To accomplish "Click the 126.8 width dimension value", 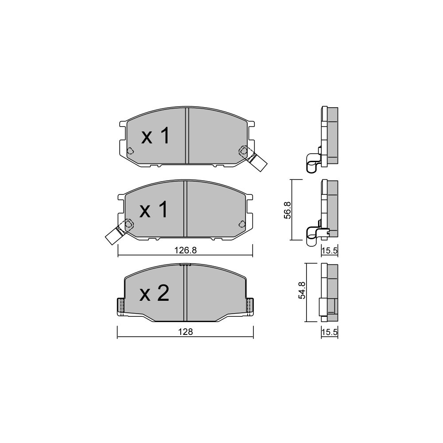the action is point(185,250).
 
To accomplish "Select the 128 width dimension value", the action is point(185,332).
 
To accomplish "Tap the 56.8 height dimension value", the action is point(288,210).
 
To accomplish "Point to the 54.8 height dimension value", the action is point(301,290).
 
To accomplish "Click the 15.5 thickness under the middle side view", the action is point(330,250).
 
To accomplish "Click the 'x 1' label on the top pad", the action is point(155,136).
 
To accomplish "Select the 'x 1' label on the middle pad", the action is point(154,210).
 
